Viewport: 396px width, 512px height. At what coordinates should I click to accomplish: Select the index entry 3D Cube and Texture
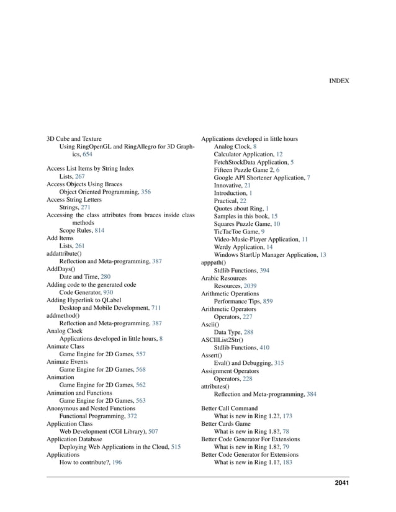pos(74,139)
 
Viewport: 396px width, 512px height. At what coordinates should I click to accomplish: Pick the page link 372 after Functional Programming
pos(132,416)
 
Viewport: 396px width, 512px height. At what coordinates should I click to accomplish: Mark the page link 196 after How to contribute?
pos(117,462)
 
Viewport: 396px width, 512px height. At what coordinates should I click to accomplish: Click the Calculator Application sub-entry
pos(244,154)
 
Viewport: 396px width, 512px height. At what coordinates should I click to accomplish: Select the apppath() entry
pos(214,263)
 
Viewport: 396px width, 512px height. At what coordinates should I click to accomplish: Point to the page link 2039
pos(251,286)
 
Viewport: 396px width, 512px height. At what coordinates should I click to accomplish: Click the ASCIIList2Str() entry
pos(222,340)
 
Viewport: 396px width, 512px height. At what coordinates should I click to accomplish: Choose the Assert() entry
pos(212,356)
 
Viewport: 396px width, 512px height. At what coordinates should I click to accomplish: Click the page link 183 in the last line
pos(287,462)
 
